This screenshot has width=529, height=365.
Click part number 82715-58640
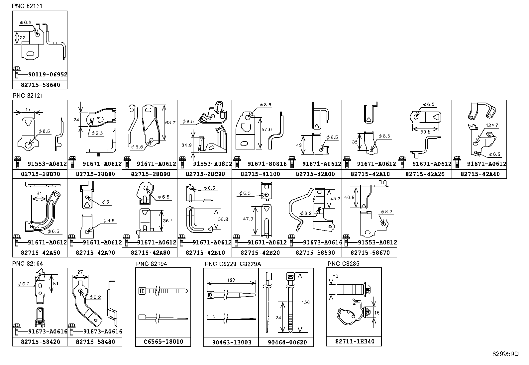tap(40, 85)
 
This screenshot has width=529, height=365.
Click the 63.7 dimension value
tap(170, 123)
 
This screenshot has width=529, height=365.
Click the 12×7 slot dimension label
tap(492, 125)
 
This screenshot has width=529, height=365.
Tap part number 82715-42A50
tap(40, 253)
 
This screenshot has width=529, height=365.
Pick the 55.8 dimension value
tap(223, 219)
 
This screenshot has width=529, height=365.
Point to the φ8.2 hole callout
tap(386, 212)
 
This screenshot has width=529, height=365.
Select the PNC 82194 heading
tap(151, 264)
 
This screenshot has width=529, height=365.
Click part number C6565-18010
tap(163, 342)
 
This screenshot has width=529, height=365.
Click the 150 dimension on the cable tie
tap(305, 302)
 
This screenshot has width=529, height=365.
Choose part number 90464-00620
tap(287, 342)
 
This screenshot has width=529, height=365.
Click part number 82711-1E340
tap(354, 341)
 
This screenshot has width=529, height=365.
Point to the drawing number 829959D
tap(505, 354)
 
